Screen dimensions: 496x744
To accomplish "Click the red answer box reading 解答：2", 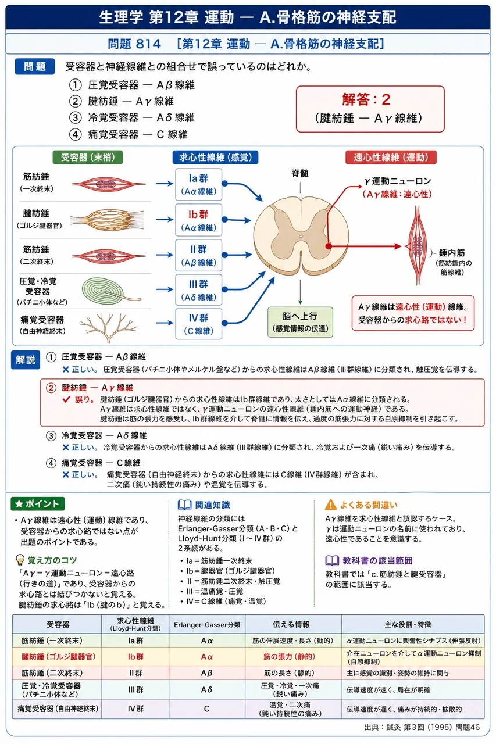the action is (370, 109).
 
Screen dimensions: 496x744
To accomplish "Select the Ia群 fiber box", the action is (199, 184).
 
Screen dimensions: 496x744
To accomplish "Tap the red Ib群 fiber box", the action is (199, 220).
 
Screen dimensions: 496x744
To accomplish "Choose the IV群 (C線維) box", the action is (199, 324).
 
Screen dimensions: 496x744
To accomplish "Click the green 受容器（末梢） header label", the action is (88, 157).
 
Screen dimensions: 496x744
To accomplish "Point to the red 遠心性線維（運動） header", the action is (391, 157).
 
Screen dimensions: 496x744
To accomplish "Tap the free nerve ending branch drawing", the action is (108, 327).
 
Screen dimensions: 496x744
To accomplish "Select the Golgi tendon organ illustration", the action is (107, 220).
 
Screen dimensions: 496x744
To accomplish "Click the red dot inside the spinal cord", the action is (328, 246).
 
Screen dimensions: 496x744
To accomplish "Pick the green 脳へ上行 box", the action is (300, 322).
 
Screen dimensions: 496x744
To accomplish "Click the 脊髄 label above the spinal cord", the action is (300, 173).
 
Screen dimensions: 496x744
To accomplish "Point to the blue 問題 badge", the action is (34, 66).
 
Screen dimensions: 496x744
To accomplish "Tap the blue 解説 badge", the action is (26, 360).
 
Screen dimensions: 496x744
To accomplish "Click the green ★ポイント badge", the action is (38, 504).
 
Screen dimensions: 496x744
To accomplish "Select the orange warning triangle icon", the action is (330, 505).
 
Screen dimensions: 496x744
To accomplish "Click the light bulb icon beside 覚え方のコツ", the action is (20, 560).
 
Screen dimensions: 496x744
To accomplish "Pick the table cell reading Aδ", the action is (206, 690).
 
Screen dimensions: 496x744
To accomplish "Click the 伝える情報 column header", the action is (291, 624).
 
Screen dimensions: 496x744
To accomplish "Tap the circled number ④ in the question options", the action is (76, 134).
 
